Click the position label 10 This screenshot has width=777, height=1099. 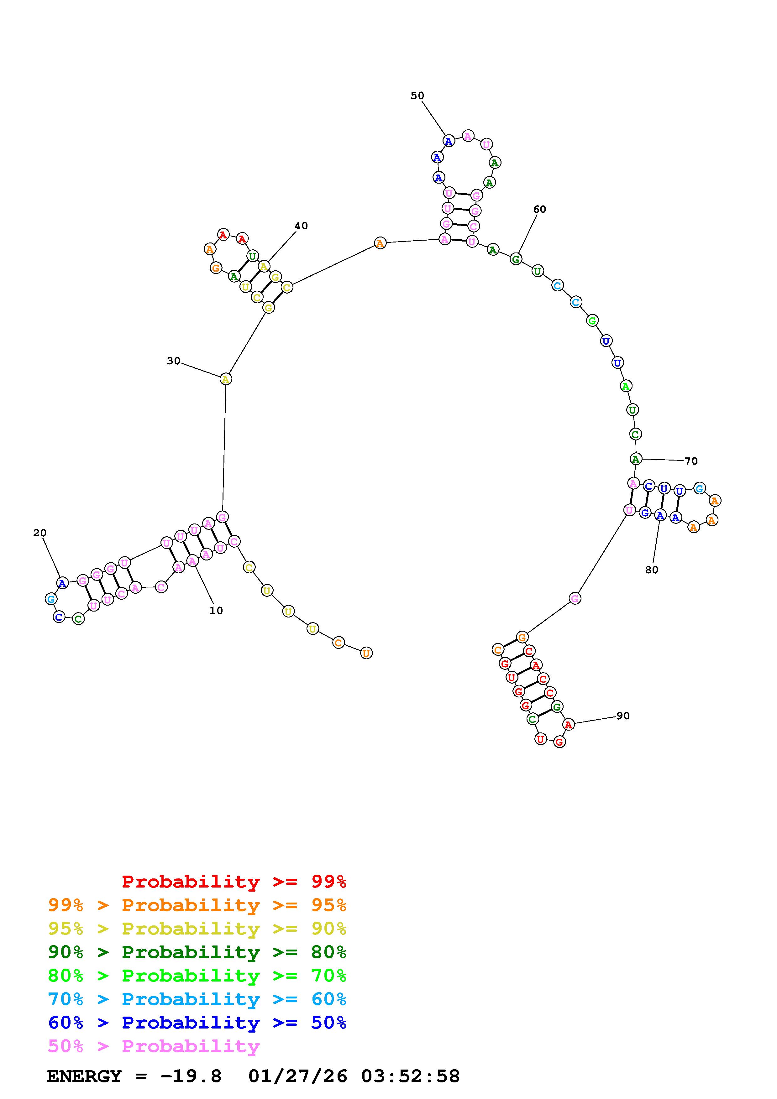pos(216,610)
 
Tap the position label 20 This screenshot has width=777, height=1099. pos(40,533)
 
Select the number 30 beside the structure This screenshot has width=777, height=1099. pos(173,361)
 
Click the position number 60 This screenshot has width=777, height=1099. pos(539,209)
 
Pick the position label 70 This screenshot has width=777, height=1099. pos(691,461)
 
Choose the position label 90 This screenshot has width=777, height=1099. pos(623,716)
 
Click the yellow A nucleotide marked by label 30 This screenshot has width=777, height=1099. pos(225,379)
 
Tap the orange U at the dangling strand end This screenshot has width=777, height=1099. pos(366,653)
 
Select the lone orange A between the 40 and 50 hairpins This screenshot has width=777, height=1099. pos(380,243)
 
